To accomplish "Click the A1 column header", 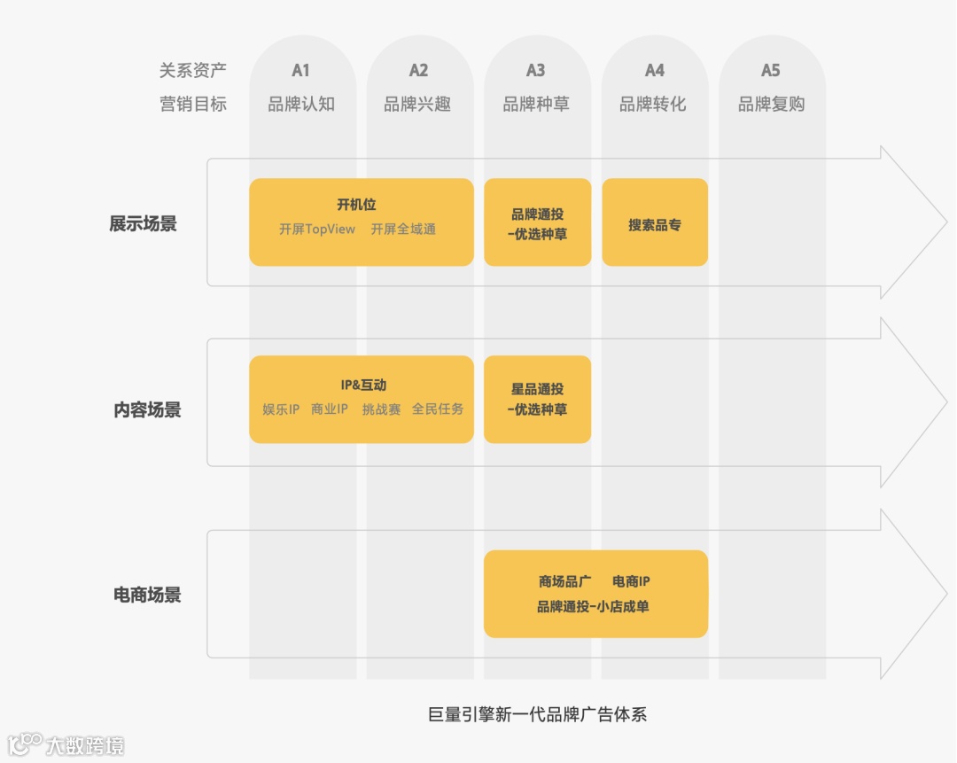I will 301,70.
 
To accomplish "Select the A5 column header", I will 771,70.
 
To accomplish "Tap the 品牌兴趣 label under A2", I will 417,104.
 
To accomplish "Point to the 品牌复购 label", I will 771,104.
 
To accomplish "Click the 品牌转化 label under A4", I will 653,104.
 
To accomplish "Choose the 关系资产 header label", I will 192,70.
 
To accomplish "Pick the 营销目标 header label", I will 192,104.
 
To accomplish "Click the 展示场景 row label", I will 144,223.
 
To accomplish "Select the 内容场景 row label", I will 147,409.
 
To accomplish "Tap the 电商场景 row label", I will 147,595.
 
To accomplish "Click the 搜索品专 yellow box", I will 655,224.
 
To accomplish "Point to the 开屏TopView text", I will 317,230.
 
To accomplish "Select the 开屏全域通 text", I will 403,230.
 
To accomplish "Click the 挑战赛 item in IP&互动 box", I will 381,409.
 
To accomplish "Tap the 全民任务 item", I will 438,409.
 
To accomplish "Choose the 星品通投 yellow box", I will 537,399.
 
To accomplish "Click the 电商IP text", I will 631,581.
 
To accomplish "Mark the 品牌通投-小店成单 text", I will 593,607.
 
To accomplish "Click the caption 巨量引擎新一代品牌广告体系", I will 538,714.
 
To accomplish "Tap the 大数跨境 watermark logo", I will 66,744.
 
